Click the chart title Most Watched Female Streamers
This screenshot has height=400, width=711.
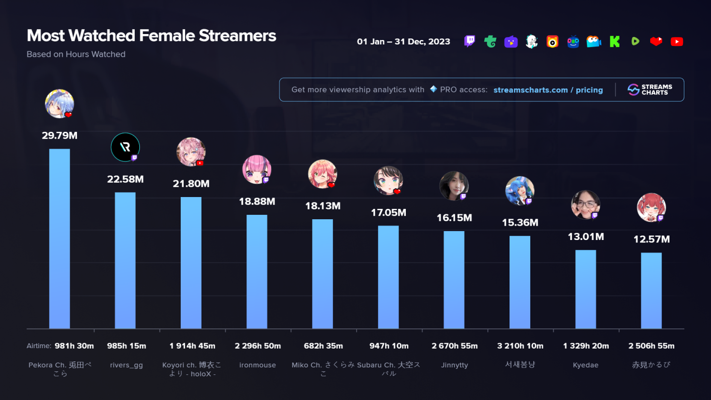coord(151,36)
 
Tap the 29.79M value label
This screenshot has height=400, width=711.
coord(59,135)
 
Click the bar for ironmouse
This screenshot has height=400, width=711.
coord(257,272)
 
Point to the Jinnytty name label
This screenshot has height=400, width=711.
coord(454,365)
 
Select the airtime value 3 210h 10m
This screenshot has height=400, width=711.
coord(520,346)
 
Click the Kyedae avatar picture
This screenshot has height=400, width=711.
coord(585,204)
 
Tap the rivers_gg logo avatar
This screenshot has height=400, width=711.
coord(125,147)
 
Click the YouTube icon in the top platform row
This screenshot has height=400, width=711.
coord(676,42)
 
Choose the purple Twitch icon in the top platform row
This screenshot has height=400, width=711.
coord(470,41)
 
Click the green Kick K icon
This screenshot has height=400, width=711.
coord(614,42)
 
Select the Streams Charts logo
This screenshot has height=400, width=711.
coord(649,89)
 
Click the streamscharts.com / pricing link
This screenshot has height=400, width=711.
coord(548,90)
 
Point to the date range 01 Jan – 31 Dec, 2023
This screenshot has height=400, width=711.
coord(403,41)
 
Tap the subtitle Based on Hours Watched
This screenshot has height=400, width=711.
coord(76,54)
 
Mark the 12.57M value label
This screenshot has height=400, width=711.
coord(651,240)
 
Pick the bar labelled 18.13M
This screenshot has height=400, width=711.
coord(322,274)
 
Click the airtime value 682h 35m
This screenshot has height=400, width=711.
coord(323,346)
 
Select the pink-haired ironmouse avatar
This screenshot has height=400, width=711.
coord(256,169)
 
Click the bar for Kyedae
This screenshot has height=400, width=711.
coord(586,289)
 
